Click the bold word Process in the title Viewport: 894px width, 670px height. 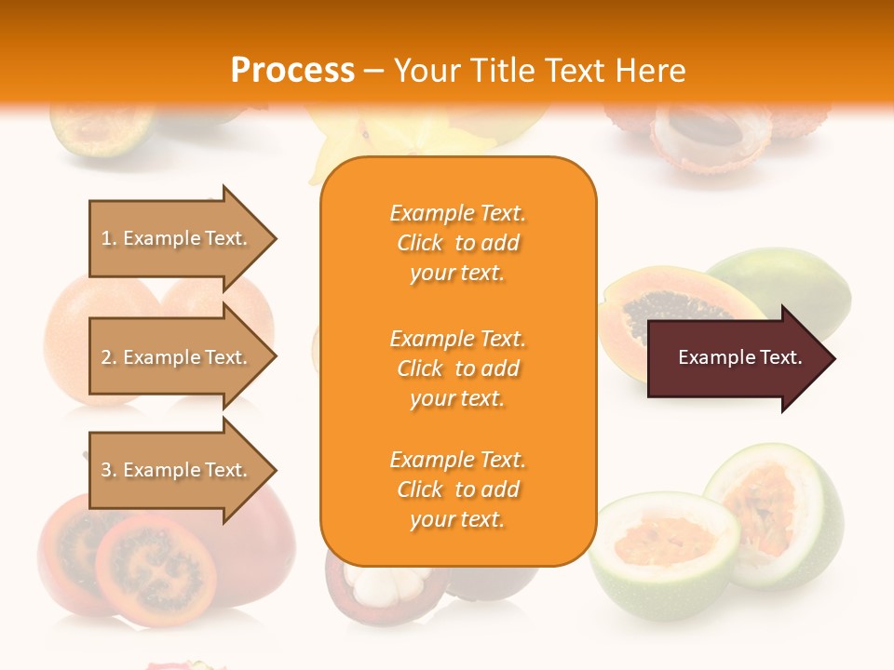[292, 71]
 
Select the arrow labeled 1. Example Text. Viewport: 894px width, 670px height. [177, 238]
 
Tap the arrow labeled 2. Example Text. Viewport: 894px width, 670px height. [177, 357]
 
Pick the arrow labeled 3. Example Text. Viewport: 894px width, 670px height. [177, 470]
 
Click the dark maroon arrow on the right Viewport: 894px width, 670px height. [736, 358]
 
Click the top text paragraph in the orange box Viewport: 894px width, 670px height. [457, 243]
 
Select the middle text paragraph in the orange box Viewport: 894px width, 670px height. [457, 368]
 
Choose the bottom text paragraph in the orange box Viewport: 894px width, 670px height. [457, 489]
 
